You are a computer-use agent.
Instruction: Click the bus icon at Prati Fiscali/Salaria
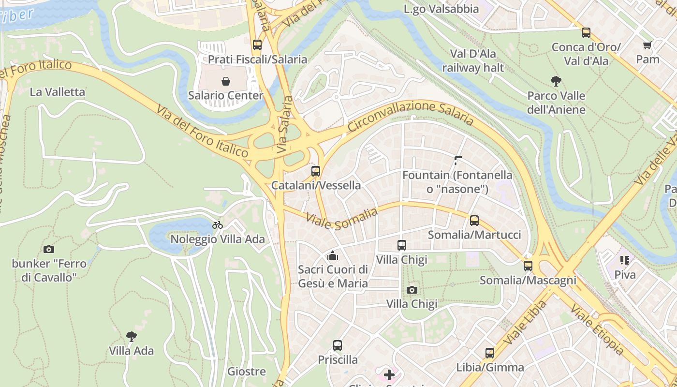coord(257,45)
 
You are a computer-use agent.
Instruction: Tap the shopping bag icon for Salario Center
coord(225,81)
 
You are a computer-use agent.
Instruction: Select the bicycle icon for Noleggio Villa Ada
coord(218,225)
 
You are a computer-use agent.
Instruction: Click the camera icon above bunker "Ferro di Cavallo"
coord(49,250)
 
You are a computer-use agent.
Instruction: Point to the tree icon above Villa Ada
coord(131,336)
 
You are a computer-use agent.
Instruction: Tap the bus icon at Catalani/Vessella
coord(316,171)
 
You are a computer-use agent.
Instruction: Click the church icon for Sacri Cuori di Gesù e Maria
coord(333,255)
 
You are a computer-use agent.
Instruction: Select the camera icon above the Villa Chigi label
coord(412,290)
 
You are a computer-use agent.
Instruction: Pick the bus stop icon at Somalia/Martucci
coord(474,221)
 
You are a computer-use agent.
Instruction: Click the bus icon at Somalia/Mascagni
coord(528,266)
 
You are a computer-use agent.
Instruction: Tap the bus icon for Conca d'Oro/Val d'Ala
coord(586,33)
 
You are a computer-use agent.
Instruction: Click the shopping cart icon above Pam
coord(648,45)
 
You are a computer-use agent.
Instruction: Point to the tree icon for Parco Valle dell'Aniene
coord(556,81)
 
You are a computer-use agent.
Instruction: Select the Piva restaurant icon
coord(625,260)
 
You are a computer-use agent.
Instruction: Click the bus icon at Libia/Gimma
coord(490,353)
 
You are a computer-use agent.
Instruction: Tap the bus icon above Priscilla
coord(338,345)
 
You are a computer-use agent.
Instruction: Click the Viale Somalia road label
coord(342,219)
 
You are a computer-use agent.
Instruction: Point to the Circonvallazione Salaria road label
coord(410,115)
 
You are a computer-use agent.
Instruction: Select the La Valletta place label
coord(57,92)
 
